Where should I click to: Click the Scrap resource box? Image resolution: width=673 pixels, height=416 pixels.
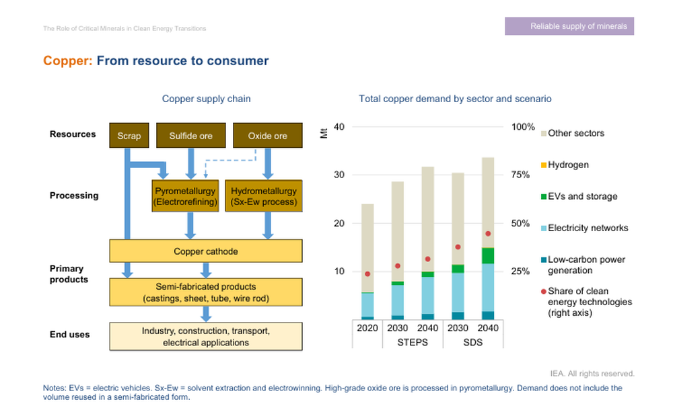(129, 136)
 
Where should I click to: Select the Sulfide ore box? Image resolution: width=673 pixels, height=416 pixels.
(190, 136)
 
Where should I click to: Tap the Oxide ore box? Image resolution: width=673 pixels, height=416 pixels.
(267, 136)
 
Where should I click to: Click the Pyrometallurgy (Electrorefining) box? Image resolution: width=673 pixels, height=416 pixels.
(185, 196)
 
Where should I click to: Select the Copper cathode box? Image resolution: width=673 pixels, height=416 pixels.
(206, 251)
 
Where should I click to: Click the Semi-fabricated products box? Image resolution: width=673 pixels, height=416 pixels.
(206, 292)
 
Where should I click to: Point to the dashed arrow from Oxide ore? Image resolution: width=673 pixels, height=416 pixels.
(229, 161)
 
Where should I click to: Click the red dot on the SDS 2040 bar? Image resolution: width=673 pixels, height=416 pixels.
(488, 234)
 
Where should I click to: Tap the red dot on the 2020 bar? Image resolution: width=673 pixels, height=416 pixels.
(367, 274)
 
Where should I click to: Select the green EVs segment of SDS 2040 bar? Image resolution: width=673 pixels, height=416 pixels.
(488, 255)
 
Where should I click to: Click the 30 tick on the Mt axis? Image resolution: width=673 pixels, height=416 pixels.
(339, 175)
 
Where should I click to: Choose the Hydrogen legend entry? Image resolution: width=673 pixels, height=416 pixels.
(568, 165)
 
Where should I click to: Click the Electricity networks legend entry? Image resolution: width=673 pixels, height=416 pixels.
(588, 228)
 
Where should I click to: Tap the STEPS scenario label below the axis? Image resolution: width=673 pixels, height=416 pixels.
(413, 343)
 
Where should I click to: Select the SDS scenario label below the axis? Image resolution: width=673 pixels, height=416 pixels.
(473, 343)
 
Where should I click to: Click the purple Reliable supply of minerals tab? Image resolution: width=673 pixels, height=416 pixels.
(569, 26)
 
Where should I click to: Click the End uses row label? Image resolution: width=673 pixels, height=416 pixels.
(69, 334)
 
